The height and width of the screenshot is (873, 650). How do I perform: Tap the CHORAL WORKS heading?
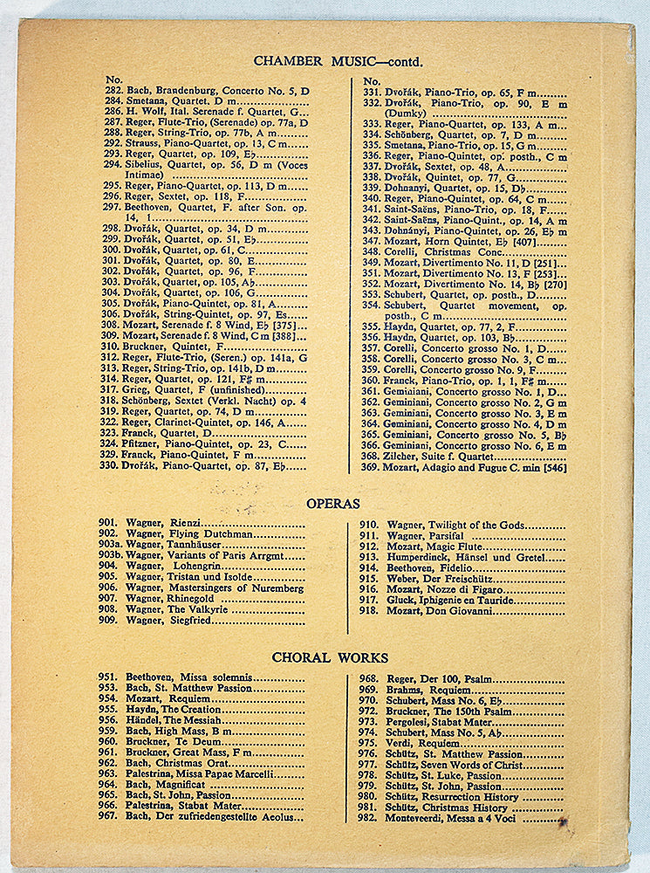pos(329,657)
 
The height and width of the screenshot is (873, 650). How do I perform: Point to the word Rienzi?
pos(186,522)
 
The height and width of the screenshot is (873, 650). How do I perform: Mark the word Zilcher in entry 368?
pos(403,456)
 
